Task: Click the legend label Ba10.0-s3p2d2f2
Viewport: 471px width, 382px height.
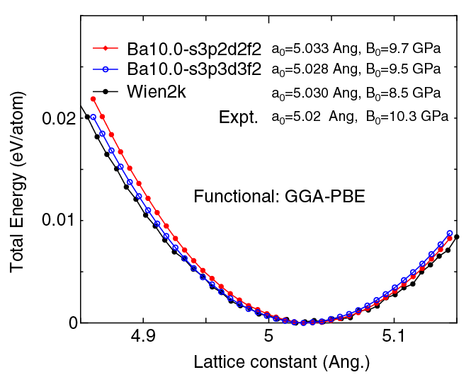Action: tap(196, 50)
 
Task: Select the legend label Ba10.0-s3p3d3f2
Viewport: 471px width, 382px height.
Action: tap(196, 70)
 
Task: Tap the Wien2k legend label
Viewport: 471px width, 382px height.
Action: tap(157, 91)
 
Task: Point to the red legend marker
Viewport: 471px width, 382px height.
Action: tap(106, 49)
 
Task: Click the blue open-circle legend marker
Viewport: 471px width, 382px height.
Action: tap(106, 69)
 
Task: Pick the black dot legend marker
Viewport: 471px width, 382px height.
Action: tap(106, 91)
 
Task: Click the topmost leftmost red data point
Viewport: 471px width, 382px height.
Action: tap(93, 99)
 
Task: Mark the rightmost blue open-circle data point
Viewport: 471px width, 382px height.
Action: tap(450, 233)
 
